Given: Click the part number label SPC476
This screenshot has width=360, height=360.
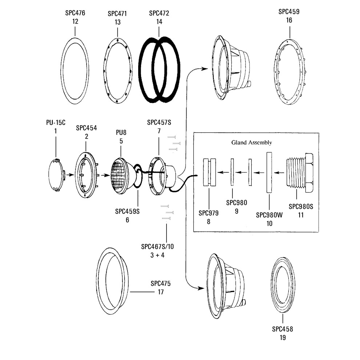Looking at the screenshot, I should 75,13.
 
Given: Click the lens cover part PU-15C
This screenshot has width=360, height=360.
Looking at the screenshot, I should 56,175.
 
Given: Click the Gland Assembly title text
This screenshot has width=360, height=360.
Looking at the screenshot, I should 252,143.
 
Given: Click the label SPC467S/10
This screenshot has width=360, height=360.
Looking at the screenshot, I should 157,247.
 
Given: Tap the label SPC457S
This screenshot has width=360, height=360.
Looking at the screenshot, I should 159,122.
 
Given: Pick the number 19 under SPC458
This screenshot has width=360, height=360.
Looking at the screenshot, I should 283,338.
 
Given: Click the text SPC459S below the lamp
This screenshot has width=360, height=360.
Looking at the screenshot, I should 127,211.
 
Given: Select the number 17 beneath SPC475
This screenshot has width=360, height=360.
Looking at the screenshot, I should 160,292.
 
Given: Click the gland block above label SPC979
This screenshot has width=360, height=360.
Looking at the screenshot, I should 209,172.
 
